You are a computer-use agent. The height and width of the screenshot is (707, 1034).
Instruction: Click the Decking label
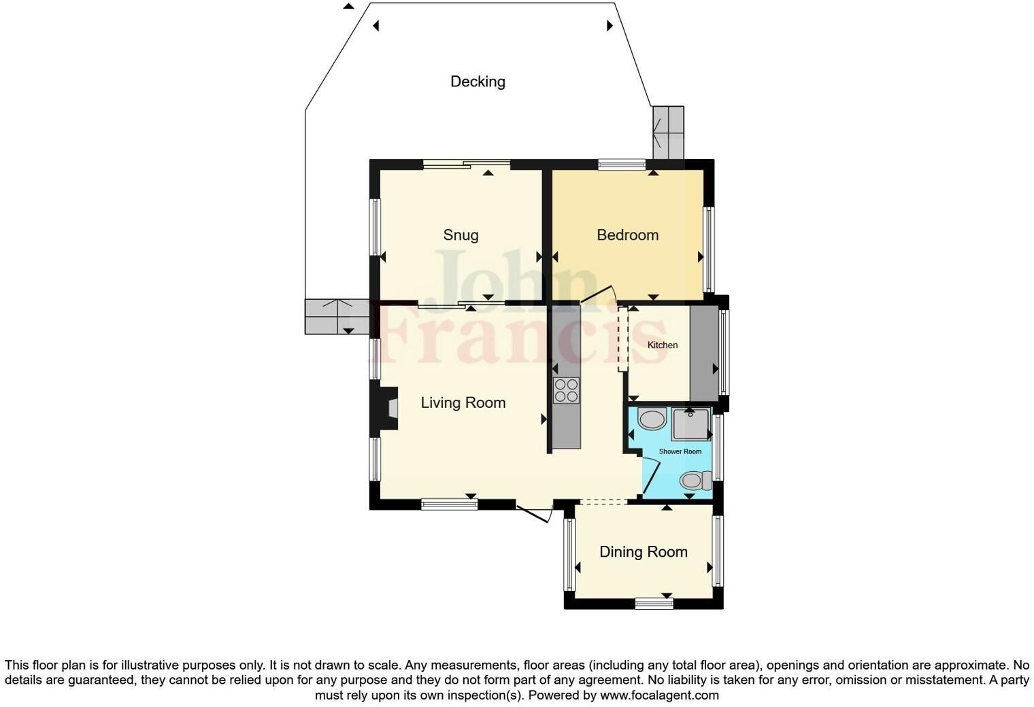[478, 82]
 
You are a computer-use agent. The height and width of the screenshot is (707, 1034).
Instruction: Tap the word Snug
[461, 235]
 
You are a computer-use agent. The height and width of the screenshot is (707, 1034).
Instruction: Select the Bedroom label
[627, 235]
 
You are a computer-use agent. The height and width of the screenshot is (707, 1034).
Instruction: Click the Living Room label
[463, 402]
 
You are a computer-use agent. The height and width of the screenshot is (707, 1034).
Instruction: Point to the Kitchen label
[663, 345]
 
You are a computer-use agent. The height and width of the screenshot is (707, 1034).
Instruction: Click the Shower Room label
[680, 451]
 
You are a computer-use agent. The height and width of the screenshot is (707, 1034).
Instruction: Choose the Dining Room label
[644, 551]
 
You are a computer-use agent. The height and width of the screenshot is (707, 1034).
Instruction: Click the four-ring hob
[567, 390]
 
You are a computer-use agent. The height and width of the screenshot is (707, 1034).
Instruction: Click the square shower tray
[691, 424]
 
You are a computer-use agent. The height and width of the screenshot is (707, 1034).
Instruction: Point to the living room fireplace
[384, 408]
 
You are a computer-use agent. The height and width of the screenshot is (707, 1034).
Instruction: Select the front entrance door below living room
[535, 514]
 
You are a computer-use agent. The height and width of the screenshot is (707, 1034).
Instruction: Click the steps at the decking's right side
[668, 133]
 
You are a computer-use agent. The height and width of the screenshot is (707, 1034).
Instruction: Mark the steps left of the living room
[337, 316]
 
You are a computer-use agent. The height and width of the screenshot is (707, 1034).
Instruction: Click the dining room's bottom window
[654, 603]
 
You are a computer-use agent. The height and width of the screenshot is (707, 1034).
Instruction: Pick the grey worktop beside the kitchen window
[705, 353]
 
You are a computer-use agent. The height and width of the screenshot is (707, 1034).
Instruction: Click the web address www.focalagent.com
[659, 695]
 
